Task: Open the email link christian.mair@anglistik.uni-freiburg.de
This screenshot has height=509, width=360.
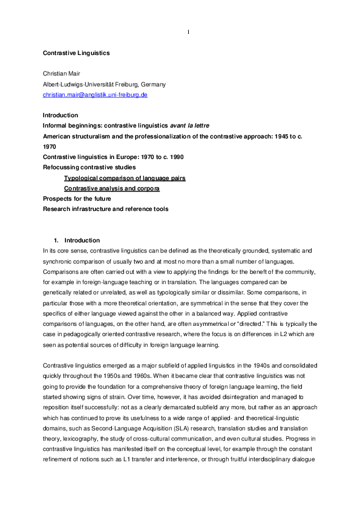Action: tap(96, 95)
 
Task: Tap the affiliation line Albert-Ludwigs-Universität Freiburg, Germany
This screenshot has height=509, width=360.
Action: tap(104, 85)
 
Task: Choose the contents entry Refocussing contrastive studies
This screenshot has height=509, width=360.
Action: tap(89, 167)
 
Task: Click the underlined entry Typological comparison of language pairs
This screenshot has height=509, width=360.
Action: tap(125, 178)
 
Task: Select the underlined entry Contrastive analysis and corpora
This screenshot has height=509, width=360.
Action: tap(112, 188)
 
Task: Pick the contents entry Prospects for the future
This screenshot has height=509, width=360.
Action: tap(77, 198)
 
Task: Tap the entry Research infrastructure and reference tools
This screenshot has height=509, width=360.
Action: tap(105, 209)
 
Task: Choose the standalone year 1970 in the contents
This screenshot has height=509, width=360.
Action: tap(49, 146)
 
